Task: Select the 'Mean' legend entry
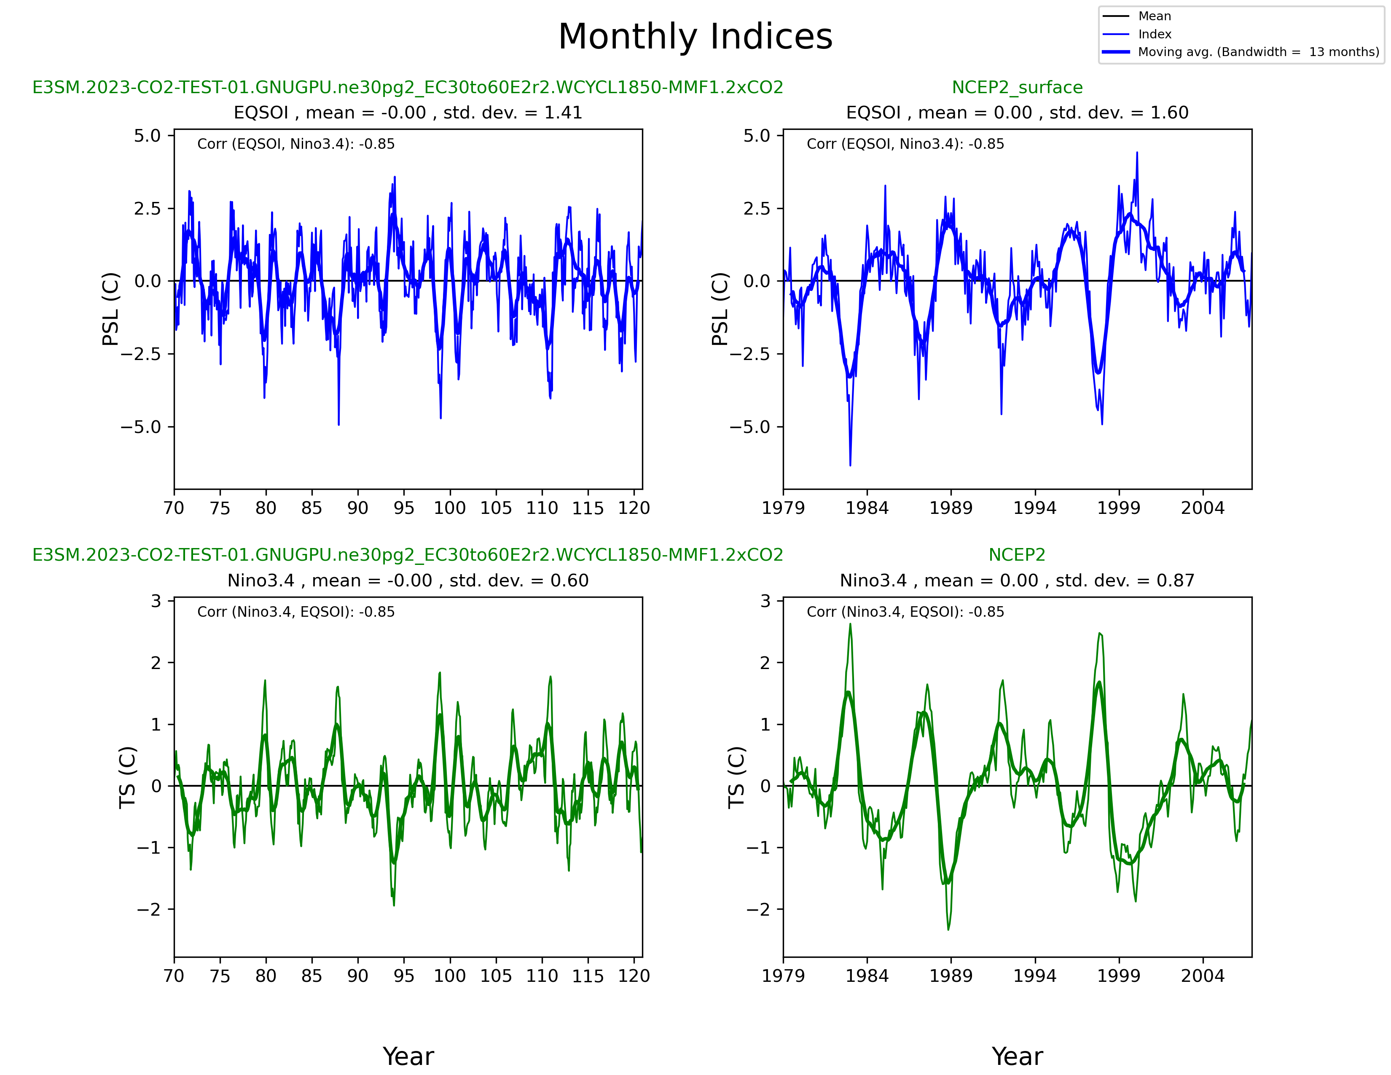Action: coord(1154,16)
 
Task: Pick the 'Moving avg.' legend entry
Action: coord(1258,52)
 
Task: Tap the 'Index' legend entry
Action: coord(1154,35)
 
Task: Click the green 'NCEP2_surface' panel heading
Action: coord(1017,87)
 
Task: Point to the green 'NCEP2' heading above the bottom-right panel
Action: coord(1017,555)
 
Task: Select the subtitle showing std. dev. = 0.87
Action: coord(1017,581)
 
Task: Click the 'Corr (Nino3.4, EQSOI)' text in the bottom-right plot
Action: coord(905,612)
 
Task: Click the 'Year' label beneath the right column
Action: coord(1017,1056)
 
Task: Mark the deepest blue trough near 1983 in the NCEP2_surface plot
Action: coord(850,465)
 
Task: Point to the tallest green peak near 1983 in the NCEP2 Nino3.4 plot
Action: coord(850,624)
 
